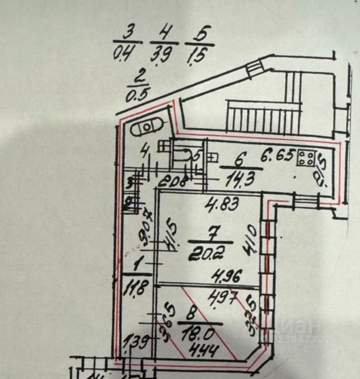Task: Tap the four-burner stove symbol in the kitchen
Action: click(x=307, y=158)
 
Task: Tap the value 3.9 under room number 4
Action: click(x=162, y=54)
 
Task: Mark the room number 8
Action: click(x=191, y=315)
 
